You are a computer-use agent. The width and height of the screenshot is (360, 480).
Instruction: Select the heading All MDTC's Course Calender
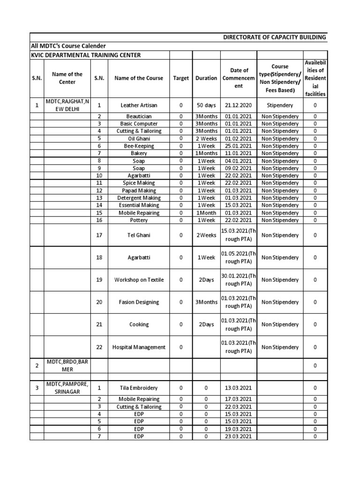[x=68, y=46]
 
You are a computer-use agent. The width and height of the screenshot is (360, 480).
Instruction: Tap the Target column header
[x=181, y=78]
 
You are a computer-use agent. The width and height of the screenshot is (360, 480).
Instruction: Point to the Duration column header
[x=206, y=78]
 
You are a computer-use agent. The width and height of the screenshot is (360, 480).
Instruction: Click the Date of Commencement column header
[x=239, y=78]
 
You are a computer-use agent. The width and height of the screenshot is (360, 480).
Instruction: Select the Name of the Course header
[x=139, y=78]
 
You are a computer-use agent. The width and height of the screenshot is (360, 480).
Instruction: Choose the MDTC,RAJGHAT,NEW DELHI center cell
[x=67, y=105]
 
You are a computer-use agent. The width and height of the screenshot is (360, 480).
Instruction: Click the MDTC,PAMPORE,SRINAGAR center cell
[x=67, y=388]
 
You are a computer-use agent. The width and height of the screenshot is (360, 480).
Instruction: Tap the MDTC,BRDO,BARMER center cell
[x=67, y=366]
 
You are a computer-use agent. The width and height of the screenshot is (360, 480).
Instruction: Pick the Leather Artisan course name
[x=139, y=105]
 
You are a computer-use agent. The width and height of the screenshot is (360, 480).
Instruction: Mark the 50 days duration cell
[x=206, y=105]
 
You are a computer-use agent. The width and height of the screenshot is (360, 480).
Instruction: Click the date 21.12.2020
[x=239, y=105]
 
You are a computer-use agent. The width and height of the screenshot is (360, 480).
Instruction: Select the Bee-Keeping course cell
[x=139, y=146]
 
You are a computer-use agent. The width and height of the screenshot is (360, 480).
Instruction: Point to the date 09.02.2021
[x=239, y=168]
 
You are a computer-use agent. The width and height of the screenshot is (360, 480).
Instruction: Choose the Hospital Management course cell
[x=139, y=347]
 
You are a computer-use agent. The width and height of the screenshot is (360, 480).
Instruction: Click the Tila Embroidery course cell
[x=139, y=388]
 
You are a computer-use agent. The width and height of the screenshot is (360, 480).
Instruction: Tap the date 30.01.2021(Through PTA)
[x=239, y=280]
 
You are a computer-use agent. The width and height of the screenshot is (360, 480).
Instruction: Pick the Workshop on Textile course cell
[x=139, y=280]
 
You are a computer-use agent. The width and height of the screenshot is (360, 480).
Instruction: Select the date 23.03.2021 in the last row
[x=239, y=436]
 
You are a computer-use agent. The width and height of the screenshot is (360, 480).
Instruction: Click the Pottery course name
[x=139, y=220]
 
